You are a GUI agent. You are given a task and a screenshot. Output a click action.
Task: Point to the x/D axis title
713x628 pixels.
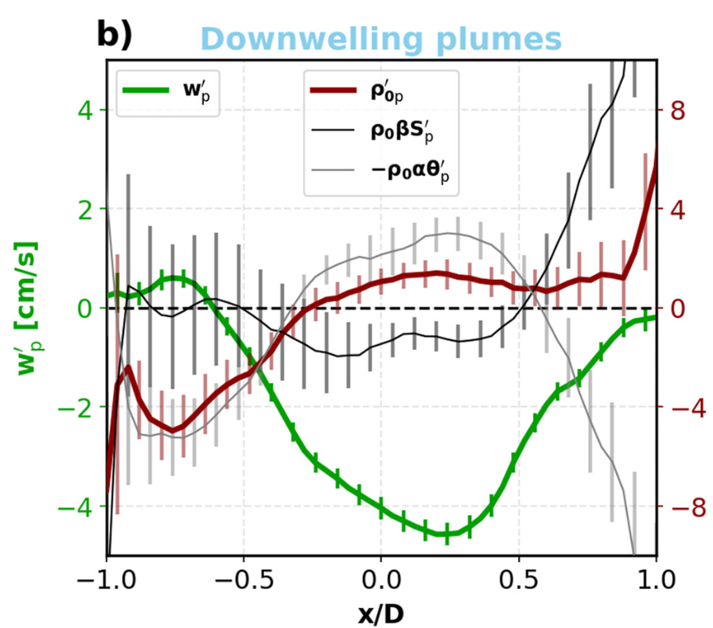(x=380, y=611)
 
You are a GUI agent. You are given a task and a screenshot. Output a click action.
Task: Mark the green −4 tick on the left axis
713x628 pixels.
(x=73, y=506)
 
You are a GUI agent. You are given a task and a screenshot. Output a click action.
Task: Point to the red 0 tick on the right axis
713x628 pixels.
(x=676, y=308)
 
